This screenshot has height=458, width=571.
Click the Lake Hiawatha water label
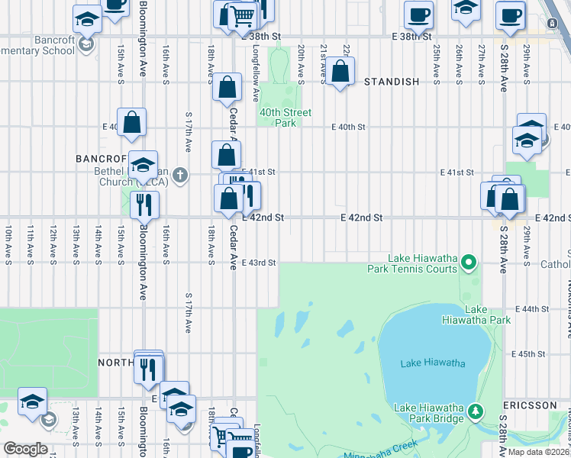click(432, 363)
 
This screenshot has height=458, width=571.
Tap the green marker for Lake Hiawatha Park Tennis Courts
click(470, 264)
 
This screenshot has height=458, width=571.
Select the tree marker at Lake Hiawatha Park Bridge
click(476, 413)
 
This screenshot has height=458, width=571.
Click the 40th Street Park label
click(285, 117)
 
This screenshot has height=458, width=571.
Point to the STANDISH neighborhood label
click(392, 82)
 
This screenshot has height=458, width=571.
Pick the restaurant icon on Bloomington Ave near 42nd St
click(144, 204)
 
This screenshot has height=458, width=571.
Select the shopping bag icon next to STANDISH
click(341, 73)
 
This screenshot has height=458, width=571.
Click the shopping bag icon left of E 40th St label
click(131, 122)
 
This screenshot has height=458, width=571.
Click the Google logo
click(26, 449)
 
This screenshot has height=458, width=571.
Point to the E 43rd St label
click(258, 263)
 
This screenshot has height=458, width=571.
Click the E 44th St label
click(532, 309)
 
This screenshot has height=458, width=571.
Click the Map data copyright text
click(538, 452)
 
